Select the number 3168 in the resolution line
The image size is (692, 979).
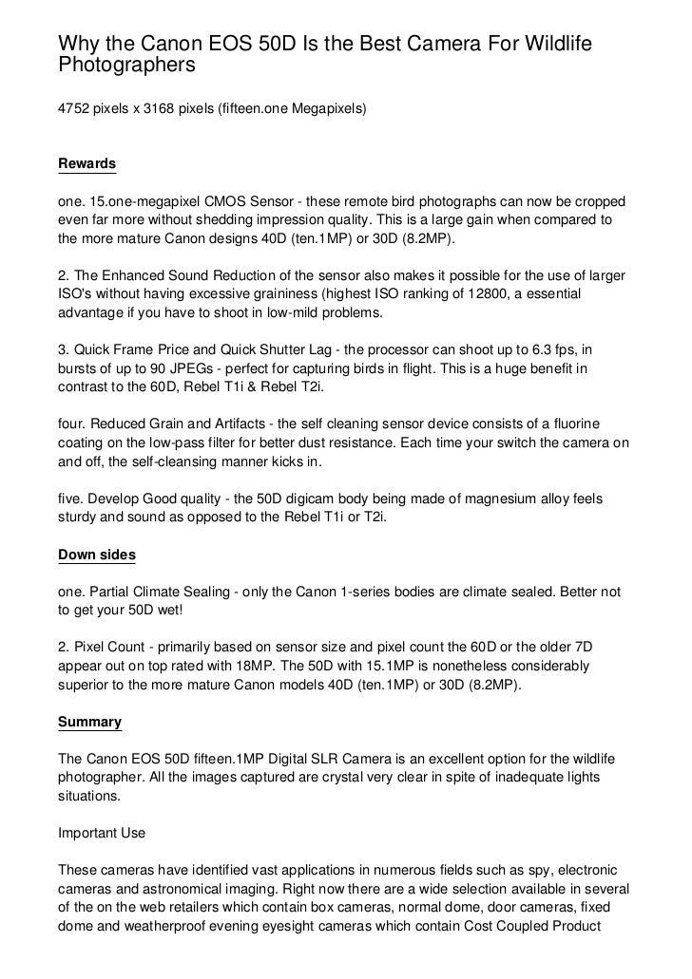(x=158, y=111)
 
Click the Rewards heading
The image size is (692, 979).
(x=87, y=164)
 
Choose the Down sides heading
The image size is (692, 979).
(x=97, y=555)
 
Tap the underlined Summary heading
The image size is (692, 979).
(x=90, y=722)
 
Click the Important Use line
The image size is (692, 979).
(x=103, y=833)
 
